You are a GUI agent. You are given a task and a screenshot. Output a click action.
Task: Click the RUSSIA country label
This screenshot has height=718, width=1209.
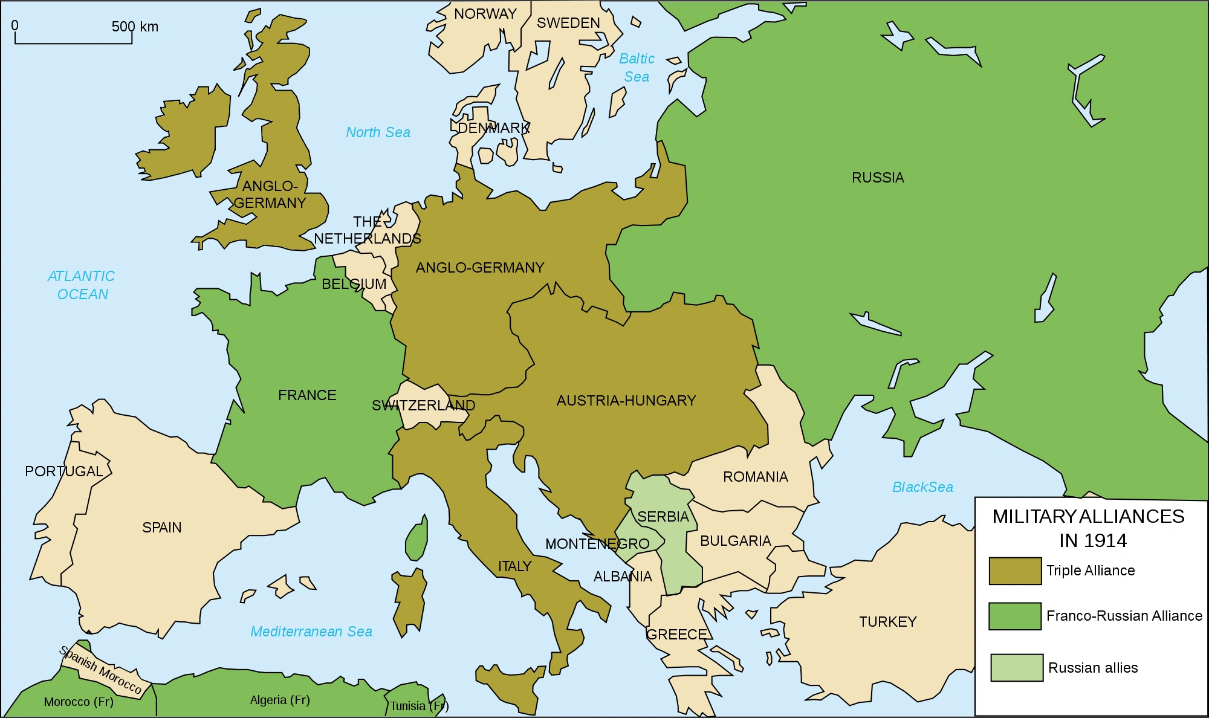[x=878, y=178]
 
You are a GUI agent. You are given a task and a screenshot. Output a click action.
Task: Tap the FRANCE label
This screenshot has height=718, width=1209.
[x=307, y=395]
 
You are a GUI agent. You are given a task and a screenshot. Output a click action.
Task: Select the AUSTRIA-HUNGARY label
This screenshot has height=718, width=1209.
[x=626, y=401]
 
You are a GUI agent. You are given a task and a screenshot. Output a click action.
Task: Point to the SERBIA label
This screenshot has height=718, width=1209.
[x=663, y=517]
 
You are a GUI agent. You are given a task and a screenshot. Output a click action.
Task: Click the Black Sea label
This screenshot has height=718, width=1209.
[x=922, y=487]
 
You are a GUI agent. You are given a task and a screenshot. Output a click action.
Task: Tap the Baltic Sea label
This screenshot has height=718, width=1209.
[x=637, y=68]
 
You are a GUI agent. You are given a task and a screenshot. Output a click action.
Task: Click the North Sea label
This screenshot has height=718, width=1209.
[x=378, y=132]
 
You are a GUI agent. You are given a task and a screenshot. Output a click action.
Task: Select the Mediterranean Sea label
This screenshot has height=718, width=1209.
[x=311, y=632]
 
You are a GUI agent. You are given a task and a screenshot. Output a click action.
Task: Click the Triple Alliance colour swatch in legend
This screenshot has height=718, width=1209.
[x=1015, y=571]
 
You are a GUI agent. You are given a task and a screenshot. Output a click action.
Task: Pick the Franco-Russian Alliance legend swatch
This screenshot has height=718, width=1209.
[x=1015, y=616]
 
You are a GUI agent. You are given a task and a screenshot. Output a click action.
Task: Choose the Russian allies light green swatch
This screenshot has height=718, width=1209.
[x=1017, y=667]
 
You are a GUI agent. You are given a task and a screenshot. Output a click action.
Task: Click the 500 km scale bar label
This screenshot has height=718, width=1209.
[x=135, y=27]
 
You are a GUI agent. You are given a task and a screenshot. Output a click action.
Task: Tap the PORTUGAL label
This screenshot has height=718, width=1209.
[x=64, y=471]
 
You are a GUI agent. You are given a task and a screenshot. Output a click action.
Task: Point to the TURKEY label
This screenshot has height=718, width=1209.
[x=888, y=622]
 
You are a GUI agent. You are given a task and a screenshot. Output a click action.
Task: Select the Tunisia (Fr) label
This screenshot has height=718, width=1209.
[x=419, y=706]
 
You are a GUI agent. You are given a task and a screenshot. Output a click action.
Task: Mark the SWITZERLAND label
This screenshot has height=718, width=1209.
[x=423, y=406]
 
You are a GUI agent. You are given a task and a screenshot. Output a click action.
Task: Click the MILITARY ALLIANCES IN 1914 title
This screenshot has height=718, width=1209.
[x=1089, y=528]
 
